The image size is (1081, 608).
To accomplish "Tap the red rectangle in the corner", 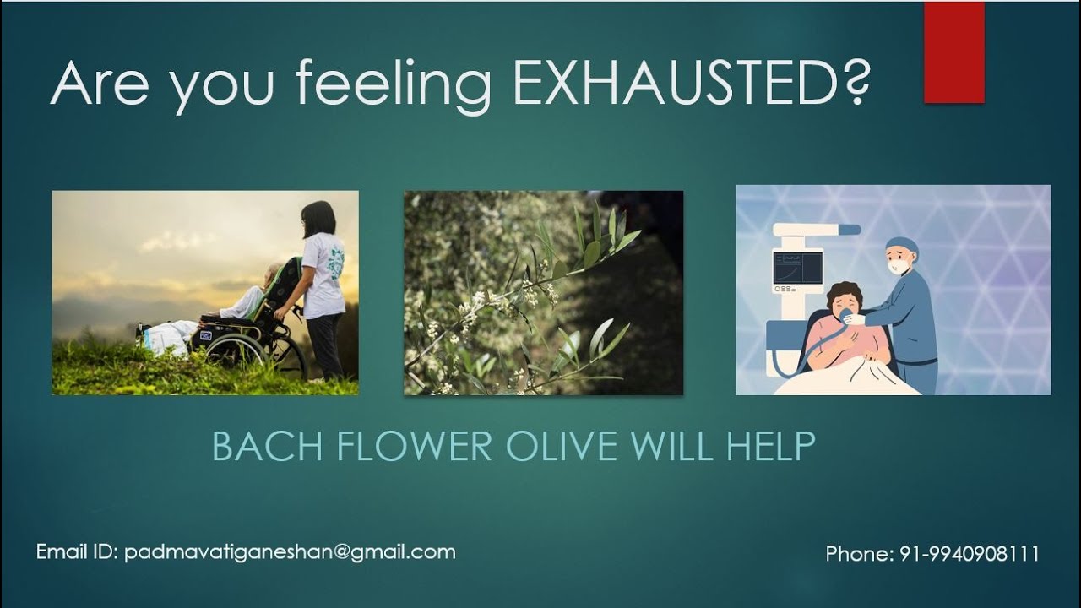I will pyautogui.click(x=953, y=52).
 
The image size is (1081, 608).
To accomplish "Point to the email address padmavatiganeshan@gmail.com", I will pyautogui.click(x=290, y=552).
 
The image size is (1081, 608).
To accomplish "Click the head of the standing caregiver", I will pyautogui.click(x=318, y=219).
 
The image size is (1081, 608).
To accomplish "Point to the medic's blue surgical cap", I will pyautogui.click(x=901, y=246).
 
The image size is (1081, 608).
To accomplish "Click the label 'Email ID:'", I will pyautogui.click(x=77, y=552).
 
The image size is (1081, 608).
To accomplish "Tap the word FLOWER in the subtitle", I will pyautogui.click(x=415, y=447).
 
